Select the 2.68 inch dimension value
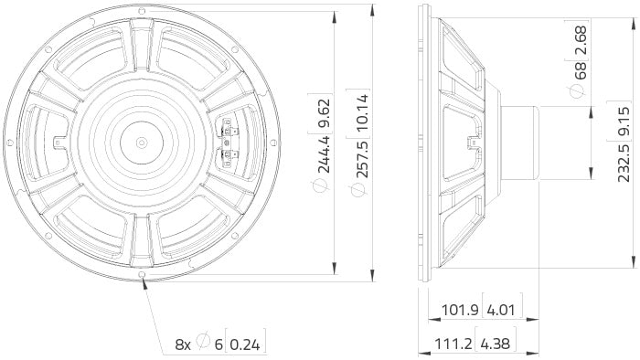tap(575, 37)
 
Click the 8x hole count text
tap(184, 345)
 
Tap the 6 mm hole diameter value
tap(219, 345)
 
